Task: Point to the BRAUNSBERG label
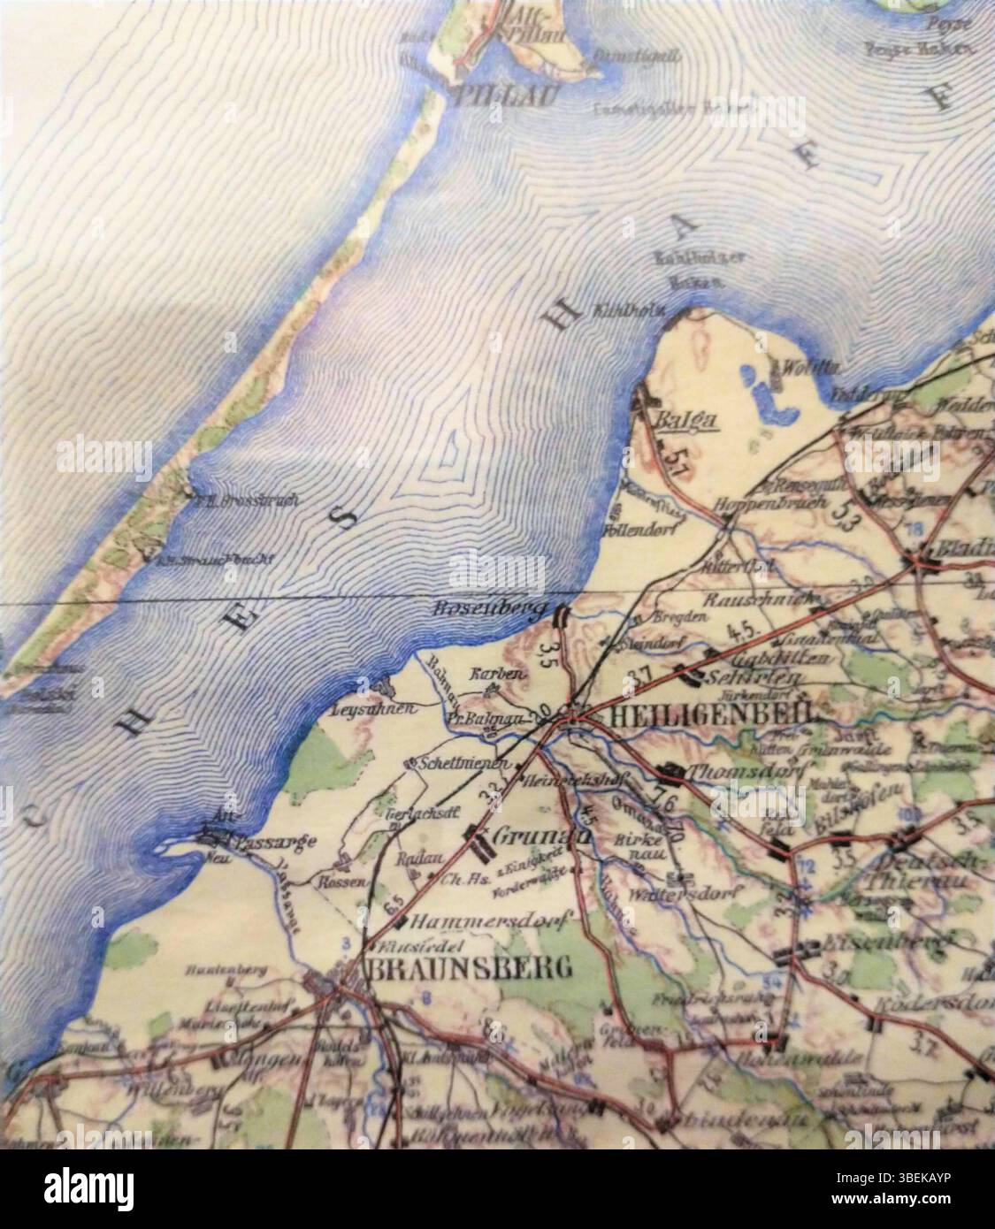coord(468,968)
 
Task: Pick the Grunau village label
coord(530,835)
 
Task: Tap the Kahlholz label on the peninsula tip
coord(633,312)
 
